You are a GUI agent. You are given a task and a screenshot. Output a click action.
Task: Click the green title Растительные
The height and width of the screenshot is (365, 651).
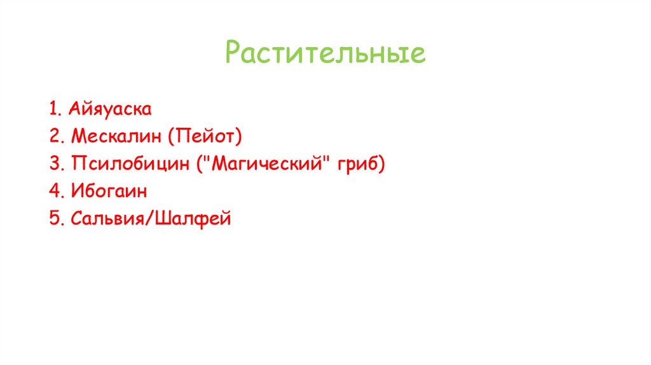[325, 54]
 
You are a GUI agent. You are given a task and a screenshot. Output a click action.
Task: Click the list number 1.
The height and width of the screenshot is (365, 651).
[51, 109]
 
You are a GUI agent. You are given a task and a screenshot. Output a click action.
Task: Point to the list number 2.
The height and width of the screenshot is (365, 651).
[53, 137]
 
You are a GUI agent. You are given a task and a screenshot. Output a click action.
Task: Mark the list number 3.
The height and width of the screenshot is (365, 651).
[53, 164]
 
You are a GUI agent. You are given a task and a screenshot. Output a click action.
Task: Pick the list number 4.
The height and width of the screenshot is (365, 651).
[53, 191]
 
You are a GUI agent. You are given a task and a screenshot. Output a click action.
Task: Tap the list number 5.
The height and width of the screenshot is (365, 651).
[53, 219]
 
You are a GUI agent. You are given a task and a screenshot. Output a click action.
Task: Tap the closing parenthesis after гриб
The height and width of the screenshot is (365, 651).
[382, 164]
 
